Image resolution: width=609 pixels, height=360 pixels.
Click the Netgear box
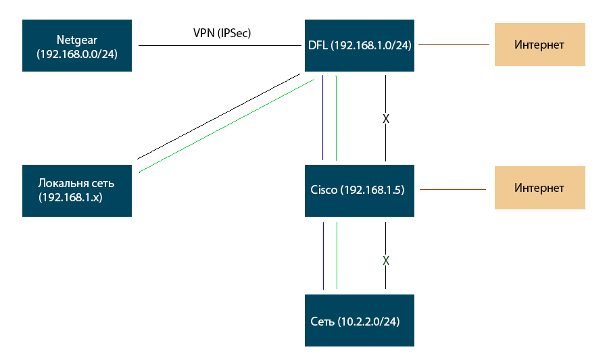pyautogui.click(x=76, y=46)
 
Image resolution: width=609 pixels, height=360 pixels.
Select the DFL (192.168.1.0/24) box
pyautogui.click(x=359, y=45)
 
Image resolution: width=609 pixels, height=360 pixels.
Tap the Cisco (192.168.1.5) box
pyautogui.click(x=359, y=190)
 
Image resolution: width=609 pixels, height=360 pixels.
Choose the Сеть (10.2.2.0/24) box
pyautogui.click(x=359, y=321)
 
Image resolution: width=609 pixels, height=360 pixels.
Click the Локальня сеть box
pyautogui.click(x=76, y=190)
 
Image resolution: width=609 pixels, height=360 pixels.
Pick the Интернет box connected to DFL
pyautogui.click(x=539, y=45)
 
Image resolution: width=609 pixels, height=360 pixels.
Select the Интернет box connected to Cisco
pyautogui.click(x=539, y=188)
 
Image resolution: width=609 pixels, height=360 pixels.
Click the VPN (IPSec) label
pyautogui.click(x=222, y=32)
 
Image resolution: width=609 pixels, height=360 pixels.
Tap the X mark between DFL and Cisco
pyautogui.click(x=386, y=118)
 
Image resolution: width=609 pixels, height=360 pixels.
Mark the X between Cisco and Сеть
pyautogui.click(x=386, y=260)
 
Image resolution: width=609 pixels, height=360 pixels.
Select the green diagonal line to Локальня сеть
pyautogui.click(x=226, y=126)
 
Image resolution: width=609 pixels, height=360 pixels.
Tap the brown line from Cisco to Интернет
pyautogui.click(x=453, y=190)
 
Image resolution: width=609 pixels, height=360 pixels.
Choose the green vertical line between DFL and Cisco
pyautogui.click(x=336, y=118)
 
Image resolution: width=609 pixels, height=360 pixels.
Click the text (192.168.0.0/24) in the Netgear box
pyautogui.click(x=76, y=55)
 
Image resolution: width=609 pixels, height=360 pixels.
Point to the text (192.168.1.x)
pyautogui.click(x=71, y=197)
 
